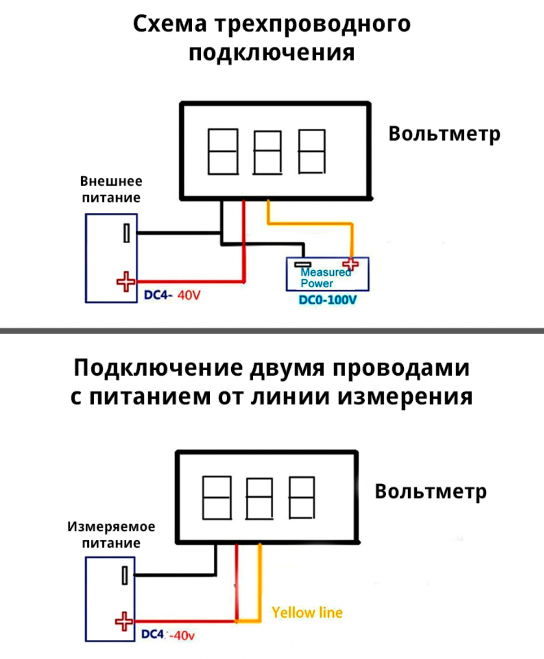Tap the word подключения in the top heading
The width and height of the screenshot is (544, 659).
point(272,52)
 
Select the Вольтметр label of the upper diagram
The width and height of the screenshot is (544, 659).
point(444,134)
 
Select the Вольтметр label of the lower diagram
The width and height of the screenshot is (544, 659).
point(431,491)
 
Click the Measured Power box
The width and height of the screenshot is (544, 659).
point(327,274)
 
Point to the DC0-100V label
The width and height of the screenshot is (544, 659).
point(328,300)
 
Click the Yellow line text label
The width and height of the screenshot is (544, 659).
point(307,612)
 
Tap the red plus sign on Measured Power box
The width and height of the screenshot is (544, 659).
point(350,264)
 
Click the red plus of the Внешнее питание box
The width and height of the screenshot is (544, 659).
point(126,282)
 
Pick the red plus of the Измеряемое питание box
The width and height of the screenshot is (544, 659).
point(124,621)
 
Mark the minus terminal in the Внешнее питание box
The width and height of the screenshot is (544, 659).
point(127,233)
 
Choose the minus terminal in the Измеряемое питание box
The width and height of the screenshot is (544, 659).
point(125,575)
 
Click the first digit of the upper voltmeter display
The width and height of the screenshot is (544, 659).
point(223,152)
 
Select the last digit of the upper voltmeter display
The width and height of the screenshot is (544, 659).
point(312,152)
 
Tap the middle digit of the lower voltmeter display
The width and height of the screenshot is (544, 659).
point(259,499)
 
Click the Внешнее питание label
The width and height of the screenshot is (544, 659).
point(111,189)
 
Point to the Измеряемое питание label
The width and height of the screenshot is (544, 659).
point(111,534)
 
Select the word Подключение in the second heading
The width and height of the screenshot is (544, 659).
point(158,368)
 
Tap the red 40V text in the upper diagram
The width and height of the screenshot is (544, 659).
point(189,295)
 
